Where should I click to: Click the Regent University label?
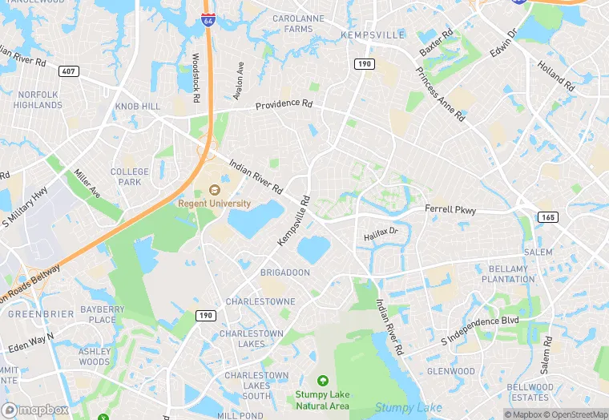pos(214,204)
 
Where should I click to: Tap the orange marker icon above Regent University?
pos(214,190)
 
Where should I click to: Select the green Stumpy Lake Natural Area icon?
pos(322,380)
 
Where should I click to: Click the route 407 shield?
pos(69,71)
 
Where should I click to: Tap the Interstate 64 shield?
pos(208,22)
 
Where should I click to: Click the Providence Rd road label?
pos(284,104)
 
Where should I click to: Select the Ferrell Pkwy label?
pos(450,211)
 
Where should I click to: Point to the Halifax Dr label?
pos(381,234)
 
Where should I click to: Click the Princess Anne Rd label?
pos(440,94)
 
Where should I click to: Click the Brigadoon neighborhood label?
pos(284,273)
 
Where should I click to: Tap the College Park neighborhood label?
pos(130,176)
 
